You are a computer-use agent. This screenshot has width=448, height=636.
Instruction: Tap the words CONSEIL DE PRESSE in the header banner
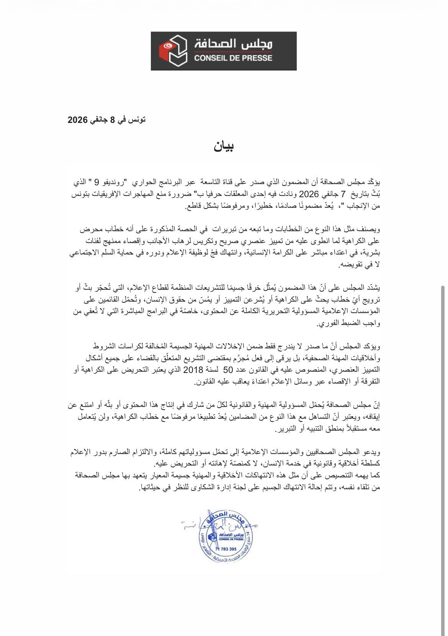[x=233, y=58]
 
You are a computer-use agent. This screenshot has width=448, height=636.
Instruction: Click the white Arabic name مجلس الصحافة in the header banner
[x=233, y=44]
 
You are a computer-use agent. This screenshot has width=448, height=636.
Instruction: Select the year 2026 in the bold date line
[x=78, y=120]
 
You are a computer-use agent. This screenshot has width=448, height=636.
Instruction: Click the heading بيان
[x=224, y=146]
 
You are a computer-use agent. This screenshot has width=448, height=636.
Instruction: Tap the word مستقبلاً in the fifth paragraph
[x=359, y=429]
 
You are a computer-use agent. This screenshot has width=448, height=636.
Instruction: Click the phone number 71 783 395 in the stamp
[x=226, y=549]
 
